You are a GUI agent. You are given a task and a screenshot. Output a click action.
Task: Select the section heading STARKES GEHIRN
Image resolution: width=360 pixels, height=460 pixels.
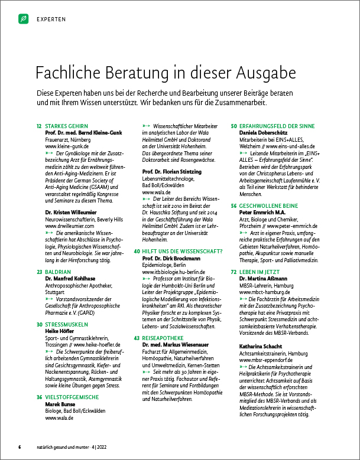[x=66, y=126]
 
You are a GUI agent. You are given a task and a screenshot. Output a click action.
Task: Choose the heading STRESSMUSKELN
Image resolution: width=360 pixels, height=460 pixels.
[x=67, y=307]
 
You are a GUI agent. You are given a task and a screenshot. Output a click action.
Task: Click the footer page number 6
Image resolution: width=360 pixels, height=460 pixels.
[x=20, y=446]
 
